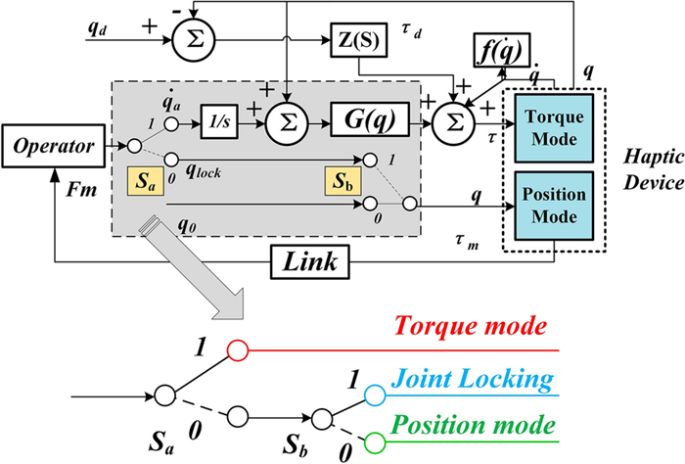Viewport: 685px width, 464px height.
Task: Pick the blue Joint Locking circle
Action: click(375, 394)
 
